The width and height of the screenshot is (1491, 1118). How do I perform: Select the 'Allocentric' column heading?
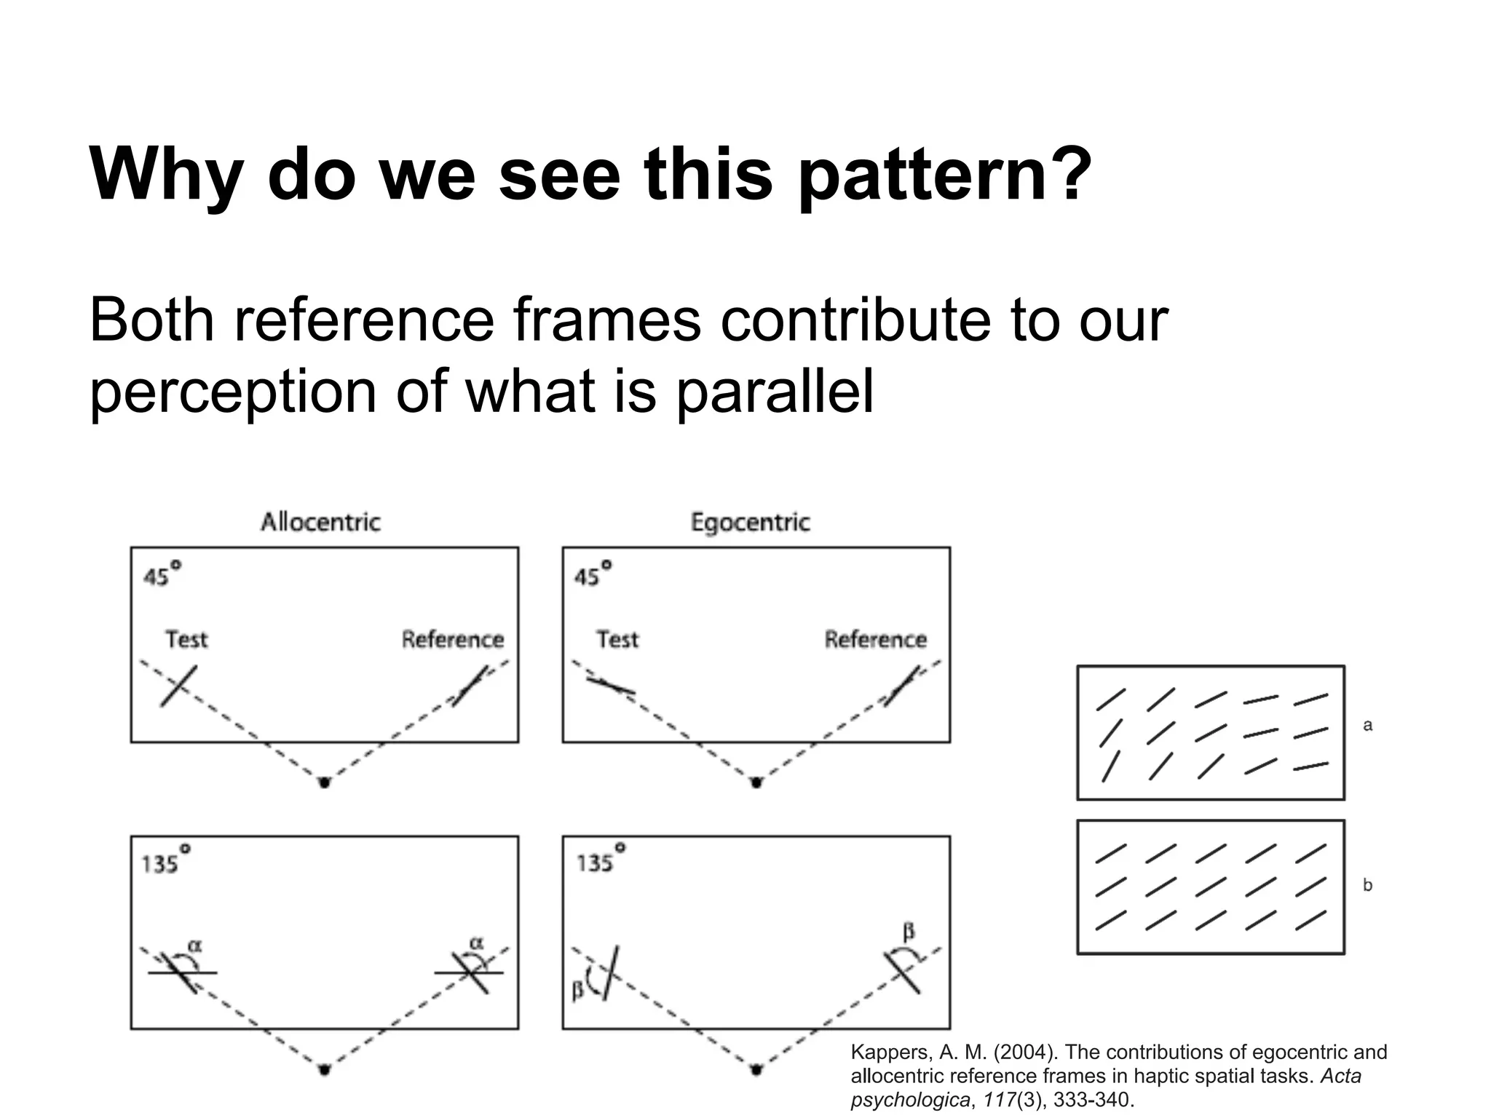[320, 522]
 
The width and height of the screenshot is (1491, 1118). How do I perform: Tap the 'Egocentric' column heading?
[750, 522]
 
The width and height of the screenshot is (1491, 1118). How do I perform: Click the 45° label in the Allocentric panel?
[161, 574]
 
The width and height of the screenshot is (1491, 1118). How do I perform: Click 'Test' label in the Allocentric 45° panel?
[186, 639]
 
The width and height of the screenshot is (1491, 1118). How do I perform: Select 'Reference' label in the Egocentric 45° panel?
[875, 639]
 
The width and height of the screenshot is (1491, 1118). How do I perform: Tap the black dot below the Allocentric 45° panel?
[325, 782]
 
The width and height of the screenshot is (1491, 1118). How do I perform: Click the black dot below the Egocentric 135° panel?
[756, 1069]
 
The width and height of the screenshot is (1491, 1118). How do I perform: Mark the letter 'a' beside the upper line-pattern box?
[1367, 725]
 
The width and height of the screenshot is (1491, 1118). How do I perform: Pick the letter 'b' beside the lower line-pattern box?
[1367, 885]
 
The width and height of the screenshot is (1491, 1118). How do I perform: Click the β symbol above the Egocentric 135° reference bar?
[908, 931]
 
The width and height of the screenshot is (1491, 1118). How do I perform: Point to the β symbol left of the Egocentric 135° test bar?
[578, 989]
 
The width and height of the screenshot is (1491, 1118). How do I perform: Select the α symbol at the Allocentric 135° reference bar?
[476, 943]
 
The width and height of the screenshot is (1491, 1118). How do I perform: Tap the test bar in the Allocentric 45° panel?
[178, 685]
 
